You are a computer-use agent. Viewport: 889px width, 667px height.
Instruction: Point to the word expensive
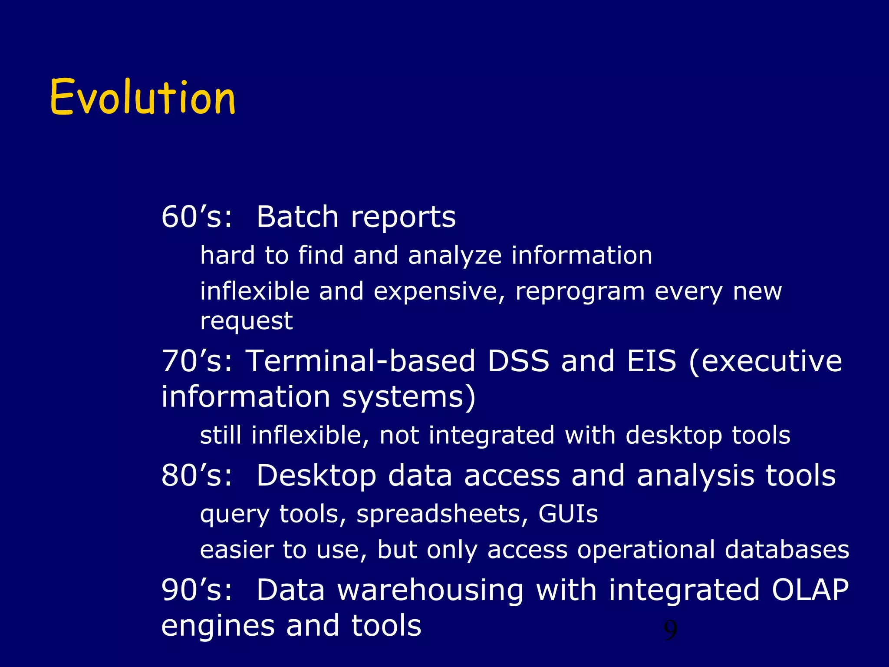tap(439, 292)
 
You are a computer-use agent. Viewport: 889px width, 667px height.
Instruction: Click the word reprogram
tap(580, 292)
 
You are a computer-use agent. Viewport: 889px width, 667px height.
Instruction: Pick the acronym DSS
tap(518, 361)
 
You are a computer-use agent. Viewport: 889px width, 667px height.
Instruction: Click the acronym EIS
tap(651, 361)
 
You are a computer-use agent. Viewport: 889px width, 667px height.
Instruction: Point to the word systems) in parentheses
tap(409, 397)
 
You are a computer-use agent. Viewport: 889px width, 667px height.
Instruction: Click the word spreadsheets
tap(438, 515)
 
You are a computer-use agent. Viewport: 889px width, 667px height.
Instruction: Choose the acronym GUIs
tap(568, 514)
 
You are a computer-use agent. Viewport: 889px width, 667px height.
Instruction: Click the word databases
tap(787, 550)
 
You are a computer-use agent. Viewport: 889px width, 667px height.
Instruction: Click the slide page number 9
tap(670, 631)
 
